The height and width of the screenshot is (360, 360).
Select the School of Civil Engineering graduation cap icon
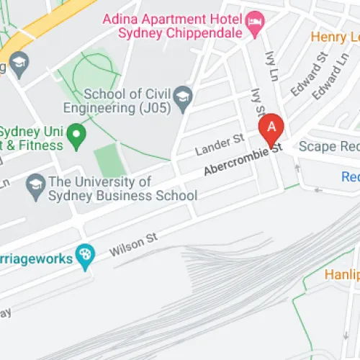click(184, 100)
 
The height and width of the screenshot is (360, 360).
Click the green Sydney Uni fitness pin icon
click(76, 133)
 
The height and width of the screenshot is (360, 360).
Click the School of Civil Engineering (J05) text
click(129, 101)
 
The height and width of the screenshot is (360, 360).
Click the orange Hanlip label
click(342, 274)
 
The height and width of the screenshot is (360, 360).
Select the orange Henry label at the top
click(336, 35)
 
